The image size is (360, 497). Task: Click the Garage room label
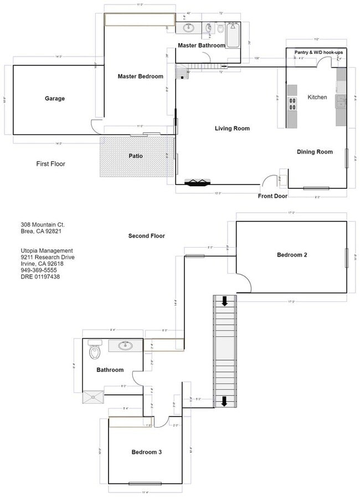tap(55, 99)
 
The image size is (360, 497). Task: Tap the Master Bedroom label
tap(140, 76)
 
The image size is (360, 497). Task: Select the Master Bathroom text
tap(201, 45)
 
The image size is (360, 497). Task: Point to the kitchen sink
tap(341, 101)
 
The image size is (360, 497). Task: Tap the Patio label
tap(136, 156)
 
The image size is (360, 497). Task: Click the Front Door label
tap(272, 196)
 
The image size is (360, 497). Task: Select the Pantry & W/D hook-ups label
tap(318, 52)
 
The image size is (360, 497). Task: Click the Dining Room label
tap(315, 152)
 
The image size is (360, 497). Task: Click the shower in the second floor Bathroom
tap(93, 396)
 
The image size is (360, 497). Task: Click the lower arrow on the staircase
tap(225, 401)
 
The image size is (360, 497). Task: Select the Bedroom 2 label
tap(292, 255)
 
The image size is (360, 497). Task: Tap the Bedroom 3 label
tap(146, 452)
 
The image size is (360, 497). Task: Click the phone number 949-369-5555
tap(39, 270)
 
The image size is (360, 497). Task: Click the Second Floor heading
tap(146, 235)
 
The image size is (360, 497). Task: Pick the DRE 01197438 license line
tap(40, 276)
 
